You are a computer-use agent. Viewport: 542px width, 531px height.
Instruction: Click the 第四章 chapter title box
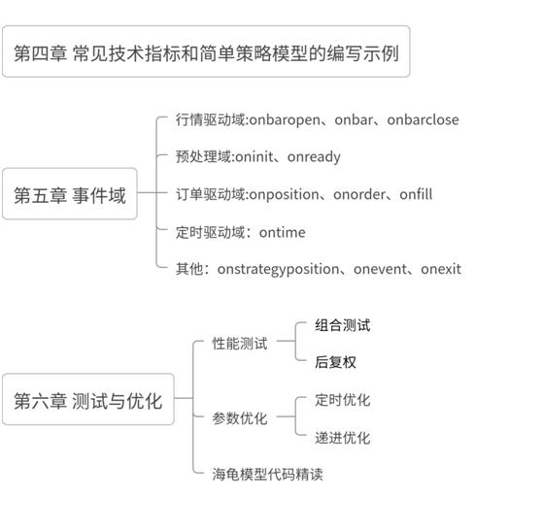pyautogui.click(x=206, y=51)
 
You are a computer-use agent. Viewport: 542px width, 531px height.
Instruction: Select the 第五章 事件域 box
pyautogui.click(x=70, y=194)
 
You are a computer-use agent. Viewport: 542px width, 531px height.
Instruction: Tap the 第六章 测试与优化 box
pyautogui.click(x=88, y=399)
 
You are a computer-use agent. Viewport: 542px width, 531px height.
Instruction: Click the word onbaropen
pyautogui.click(x=285, y=120)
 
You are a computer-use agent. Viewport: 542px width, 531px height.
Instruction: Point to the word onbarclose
pyautogui.click(x=423, y=119)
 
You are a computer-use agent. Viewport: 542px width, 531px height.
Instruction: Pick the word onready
pyautogui.click(x=314, y=157)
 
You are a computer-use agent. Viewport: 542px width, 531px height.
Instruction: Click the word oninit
pyautogui.click(x=254, y=157)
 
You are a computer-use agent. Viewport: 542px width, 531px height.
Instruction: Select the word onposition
pyautogui.click(x=284, y=195)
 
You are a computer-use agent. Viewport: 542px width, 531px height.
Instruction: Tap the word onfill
pyautogui.click(x=416, y=194)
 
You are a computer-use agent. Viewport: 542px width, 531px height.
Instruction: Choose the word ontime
pyautogui.click(x=282, y=233)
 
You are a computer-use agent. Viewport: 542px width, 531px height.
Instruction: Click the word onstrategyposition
pyautogui.click(x=278, y=270)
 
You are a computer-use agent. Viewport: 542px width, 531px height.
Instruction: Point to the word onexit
pyautogui.click(x=441, y=269)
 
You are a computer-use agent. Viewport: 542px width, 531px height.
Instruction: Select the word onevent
pyautogui.click(x=380, y=269)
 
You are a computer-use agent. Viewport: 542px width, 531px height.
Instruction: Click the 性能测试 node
pyautogui.click(x=240, y=344)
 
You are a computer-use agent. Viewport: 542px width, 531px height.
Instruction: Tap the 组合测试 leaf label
pyautogui.click(x=343, y=325)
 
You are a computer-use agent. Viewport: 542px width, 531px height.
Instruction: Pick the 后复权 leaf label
pyautogui.click(x=335, y=362)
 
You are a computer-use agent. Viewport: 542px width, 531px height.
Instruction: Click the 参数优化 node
pyautogui.click(x=240, y=418)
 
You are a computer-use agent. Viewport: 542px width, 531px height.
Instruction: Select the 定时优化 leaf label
pyautogui.click(x=343, y=400)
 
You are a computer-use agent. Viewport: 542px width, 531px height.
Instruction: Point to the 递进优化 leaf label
pyautogui.click(x=343, y=438)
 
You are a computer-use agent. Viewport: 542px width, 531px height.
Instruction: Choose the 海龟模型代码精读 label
pyautogui.click(x=267, y=475)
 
